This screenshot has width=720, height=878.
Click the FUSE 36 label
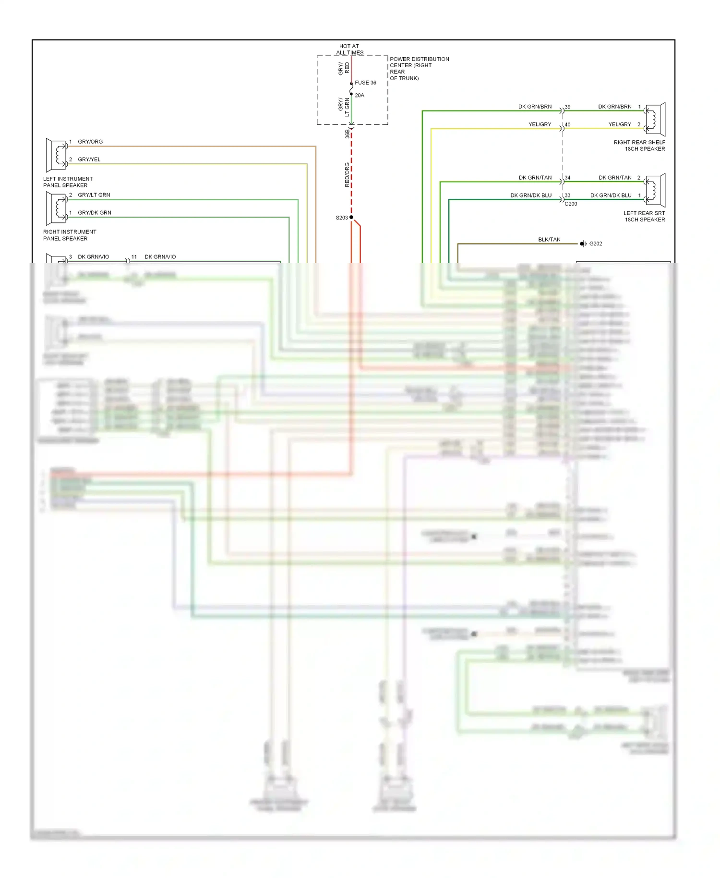click(x=365, y=83)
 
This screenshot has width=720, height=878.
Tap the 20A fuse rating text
click(x=360, y=95)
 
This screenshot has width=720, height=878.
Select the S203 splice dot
click(x=351, y=218)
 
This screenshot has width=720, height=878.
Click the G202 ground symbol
click(x=583, y=244)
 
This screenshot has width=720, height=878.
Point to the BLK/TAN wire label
click(x=549, y=239)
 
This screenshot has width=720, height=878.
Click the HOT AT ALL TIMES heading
click(x=349, y=49)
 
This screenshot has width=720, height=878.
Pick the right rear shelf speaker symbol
click(x=655, y=119)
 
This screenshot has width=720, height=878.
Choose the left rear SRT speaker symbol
click(x=655, y=190)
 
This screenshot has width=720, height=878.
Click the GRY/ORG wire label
click(x=90, y=142)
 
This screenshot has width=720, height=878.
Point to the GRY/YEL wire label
click(x=89, y=159)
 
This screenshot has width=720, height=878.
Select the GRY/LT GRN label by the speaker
click(x=94, y=195)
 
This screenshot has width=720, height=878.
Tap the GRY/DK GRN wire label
click(x=95, y=213)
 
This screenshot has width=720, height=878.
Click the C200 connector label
click(x=571, y=204)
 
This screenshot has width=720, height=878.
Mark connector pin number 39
click(x=567, y=107)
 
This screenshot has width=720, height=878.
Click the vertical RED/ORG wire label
click(x=347, y=174)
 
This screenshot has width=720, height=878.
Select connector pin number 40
click(x=567, y=124)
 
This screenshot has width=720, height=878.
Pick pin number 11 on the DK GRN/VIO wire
click(x=134, y=257)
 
